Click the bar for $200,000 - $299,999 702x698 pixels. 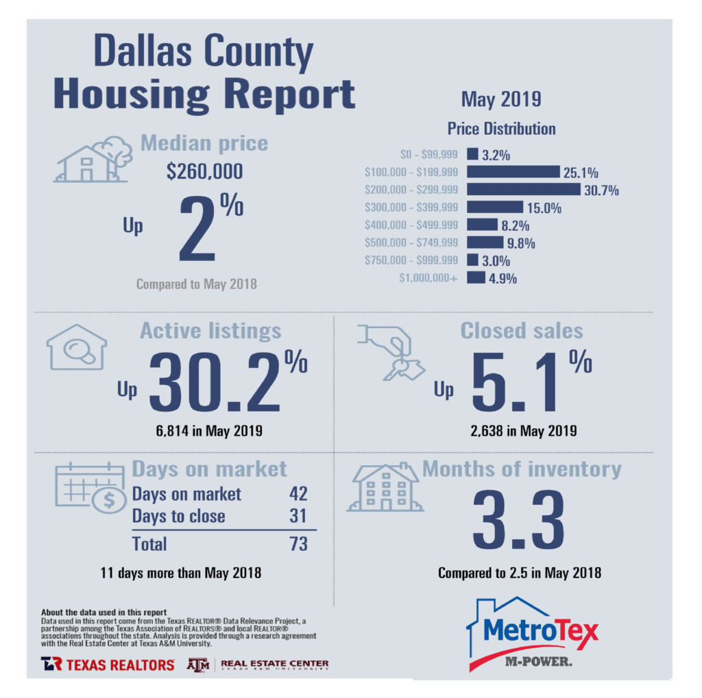pos(523,189)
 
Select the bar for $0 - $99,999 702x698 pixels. pos(472,154)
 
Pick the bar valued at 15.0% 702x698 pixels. pos(495,207)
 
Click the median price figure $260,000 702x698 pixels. pos(204,171)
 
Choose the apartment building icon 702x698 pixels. pos(385,488)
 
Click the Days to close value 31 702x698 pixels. pos(298,516)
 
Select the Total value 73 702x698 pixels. pos(298,544)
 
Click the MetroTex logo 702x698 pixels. pos(532,634)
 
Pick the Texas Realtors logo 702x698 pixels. pos(107,664)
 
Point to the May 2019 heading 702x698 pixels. pos(500,99)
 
